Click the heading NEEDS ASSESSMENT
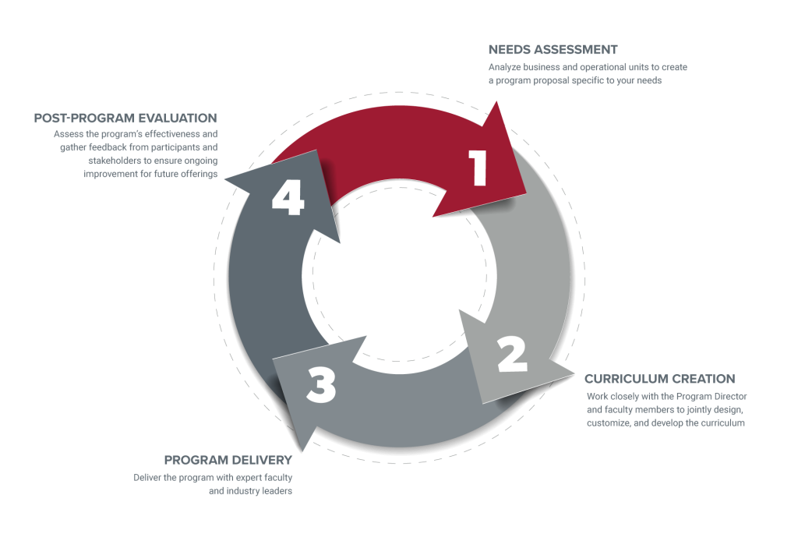tap(553, 50)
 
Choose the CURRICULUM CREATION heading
tap(660, 379)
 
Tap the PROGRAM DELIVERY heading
tap(228, 459)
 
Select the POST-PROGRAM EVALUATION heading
tap(125, 118)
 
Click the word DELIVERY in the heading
tap(263, 459)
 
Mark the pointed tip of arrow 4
tap(224, 181)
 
